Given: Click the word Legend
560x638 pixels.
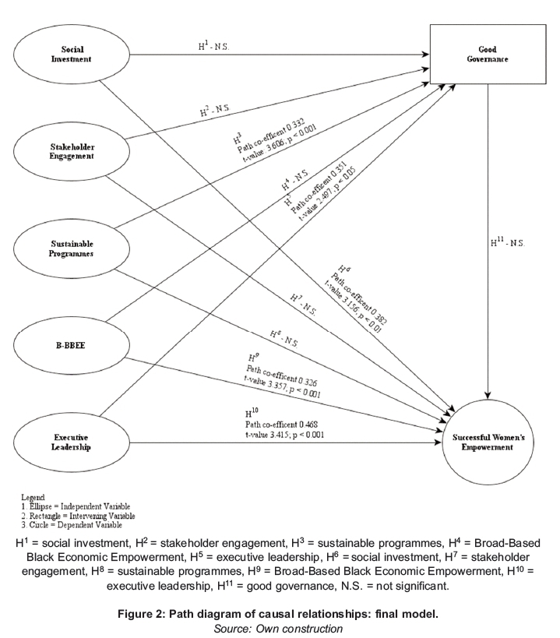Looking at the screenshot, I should click(32, 496).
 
